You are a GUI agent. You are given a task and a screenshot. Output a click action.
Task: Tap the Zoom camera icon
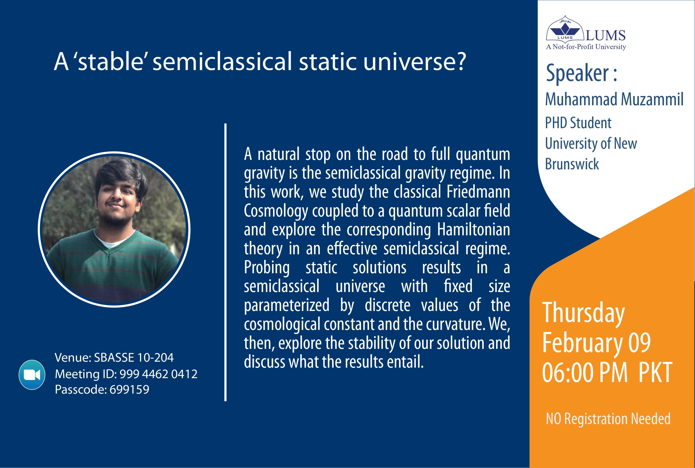tap(32, 375)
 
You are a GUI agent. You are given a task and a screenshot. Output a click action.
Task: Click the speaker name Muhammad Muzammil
tap(614, 99)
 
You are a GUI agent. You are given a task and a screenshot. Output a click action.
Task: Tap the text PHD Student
tap(578, 123)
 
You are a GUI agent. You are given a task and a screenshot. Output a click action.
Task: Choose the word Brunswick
tap(572, 164)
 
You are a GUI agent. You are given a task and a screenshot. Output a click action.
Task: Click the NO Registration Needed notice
tap(608, 419)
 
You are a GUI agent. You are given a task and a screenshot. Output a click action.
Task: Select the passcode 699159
tap(129, 389)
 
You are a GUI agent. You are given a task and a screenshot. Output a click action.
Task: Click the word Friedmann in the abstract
tap(478, 192)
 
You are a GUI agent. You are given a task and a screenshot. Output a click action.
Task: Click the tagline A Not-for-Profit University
tap(586, 47)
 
